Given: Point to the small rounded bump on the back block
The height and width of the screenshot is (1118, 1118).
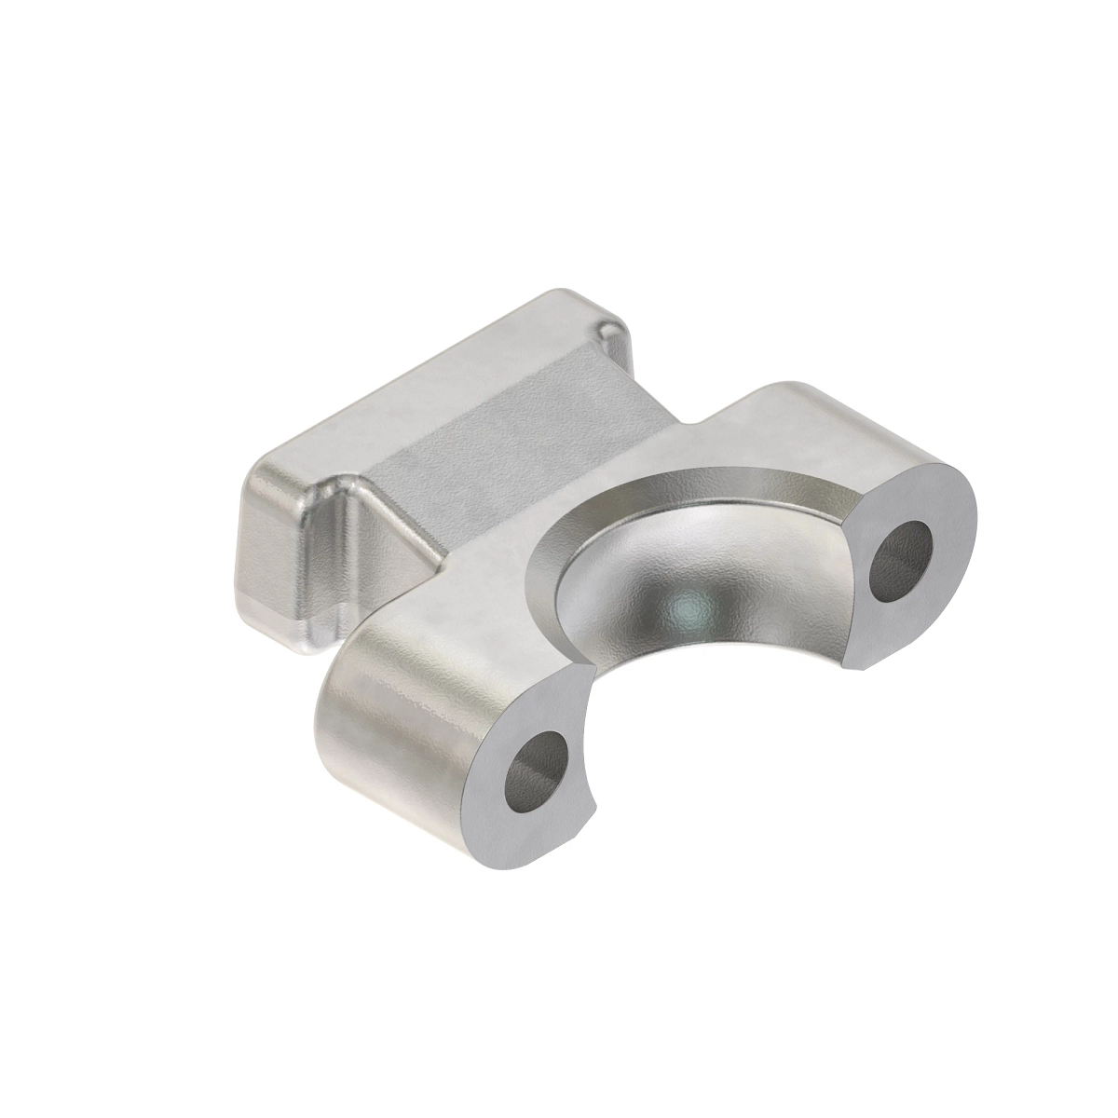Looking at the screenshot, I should point(611,332).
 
